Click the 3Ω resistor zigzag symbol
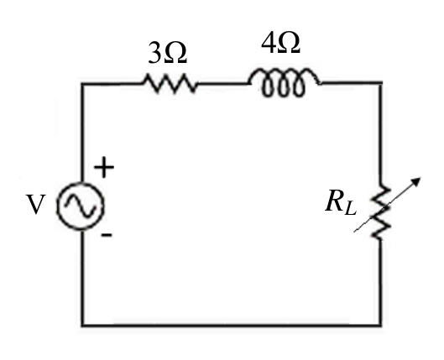pos(170,83)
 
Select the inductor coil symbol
pos(284,82)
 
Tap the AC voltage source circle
pos(81,206)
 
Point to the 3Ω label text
pos(167,53)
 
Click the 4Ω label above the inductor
pos(280,43)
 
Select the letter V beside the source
pos(36,204)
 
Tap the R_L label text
pos(341,202)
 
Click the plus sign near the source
pos(104,167)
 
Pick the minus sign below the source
pos(107,234)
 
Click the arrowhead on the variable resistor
pos(416,181)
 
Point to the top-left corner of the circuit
pos(82,84)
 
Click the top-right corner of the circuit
pos(380,83)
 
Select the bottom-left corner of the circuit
pos(82,326)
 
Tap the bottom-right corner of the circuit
pos(380,326)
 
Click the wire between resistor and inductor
pos(223,83)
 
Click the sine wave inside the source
pos(81,206)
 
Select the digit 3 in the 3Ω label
pos(154,53)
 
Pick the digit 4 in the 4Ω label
pos(269,43)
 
